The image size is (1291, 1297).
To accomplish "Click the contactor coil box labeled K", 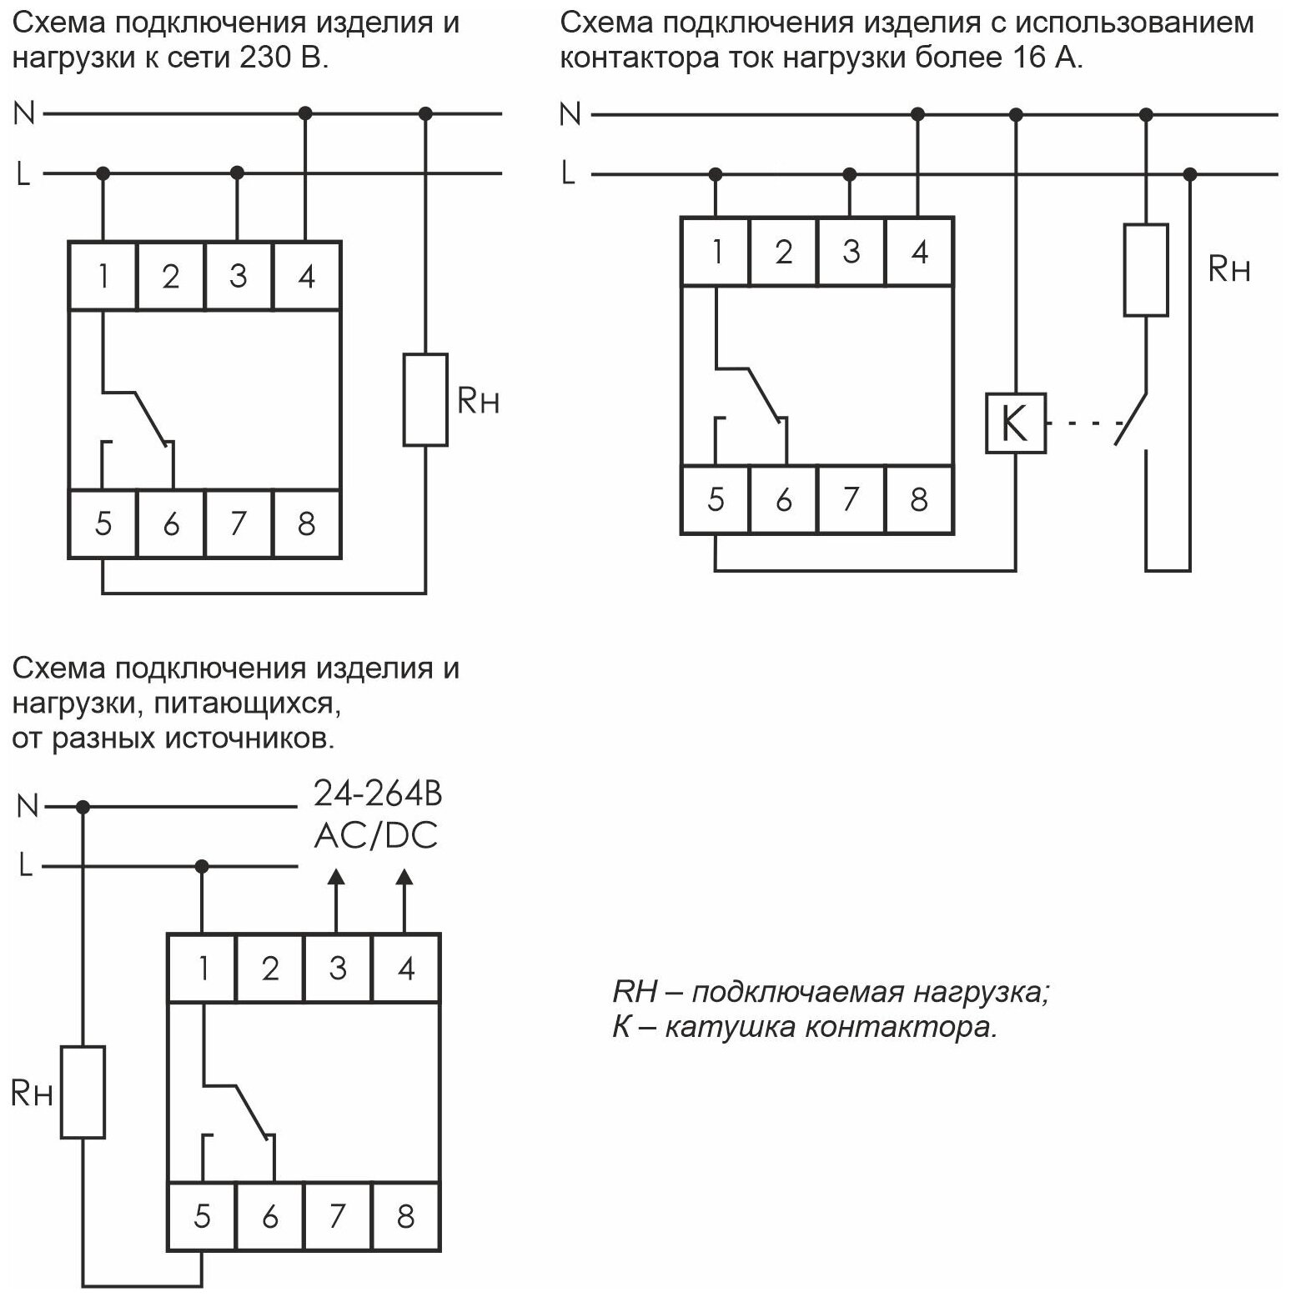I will [x=1015, y=423].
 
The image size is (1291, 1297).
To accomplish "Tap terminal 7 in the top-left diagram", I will [x=239, y=523].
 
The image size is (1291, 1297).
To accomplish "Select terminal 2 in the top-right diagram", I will [x=783, y=251].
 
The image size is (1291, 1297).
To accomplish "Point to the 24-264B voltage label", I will [x=377, y=794].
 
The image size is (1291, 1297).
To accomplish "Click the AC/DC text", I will [x=376, y=835].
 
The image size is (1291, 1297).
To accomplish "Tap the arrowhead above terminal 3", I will [x=336, y=876].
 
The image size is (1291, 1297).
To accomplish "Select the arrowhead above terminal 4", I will [x=404, y=876].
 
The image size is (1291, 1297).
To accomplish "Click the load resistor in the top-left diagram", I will [x=425, y=399].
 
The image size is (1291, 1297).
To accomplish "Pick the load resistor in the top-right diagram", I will [x=1145, y=269].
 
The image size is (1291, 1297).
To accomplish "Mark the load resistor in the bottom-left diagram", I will [x=83, y=1091].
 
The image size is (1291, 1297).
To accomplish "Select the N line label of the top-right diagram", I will [x=570, y=113].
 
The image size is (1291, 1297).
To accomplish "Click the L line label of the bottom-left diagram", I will [x=26, y=867].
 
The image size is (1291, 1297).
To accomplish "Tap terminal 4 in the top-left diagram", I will [x=306, y=275].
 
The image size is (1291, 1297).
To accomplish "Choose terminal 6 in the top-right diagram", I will [x=783, y=499].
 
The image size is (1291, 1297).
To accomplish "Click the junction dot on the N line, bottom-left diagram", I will [x=83, y=807].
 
